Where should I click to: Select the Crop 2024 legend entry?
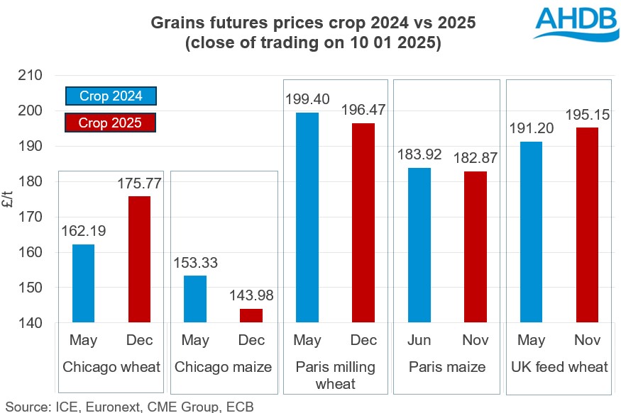pos(110,96)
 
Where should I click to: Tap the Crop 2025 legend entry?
pos(110,123)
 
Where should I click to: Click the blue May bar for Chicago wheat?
pos(83,283)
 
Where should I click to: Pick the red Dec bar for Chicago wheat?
pos(139,259)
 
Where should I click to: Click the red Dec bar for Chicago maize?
pos(251,316)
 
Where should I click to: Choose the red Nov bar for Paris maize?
pos(475,247)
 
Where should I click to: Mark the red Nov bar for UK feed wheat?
pos(587,225)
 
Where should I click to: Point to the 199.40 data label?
pos(307,99)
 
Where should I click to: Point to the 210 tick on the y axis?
pos(30,75)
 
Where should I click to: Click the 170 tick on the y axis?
pos(30,217)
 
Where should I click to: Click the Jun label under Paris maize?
pos(419,341)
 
